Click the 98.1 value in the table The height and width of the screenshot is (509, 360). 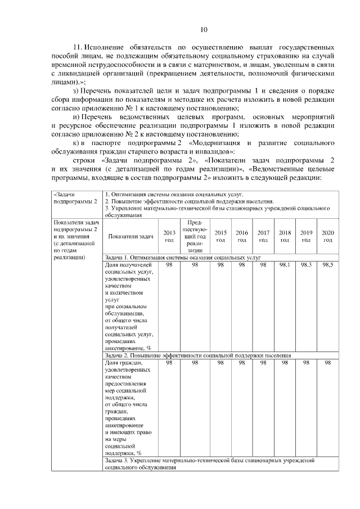285,264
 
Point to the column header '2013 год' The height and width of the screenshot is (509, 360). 169,236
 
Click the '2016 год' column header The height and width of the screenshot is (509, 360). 242,236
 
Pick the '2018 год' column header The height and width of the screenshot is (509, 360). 285,236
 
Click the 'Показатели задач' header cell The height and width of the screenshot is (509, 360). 130,236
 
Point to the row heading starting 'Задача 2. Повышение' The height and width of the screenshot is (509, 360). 197,355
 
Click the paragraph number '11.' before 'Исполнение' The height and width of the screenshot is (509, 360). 78,47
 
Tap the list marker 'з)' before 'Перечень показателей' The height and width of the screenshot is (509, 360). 78,91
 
